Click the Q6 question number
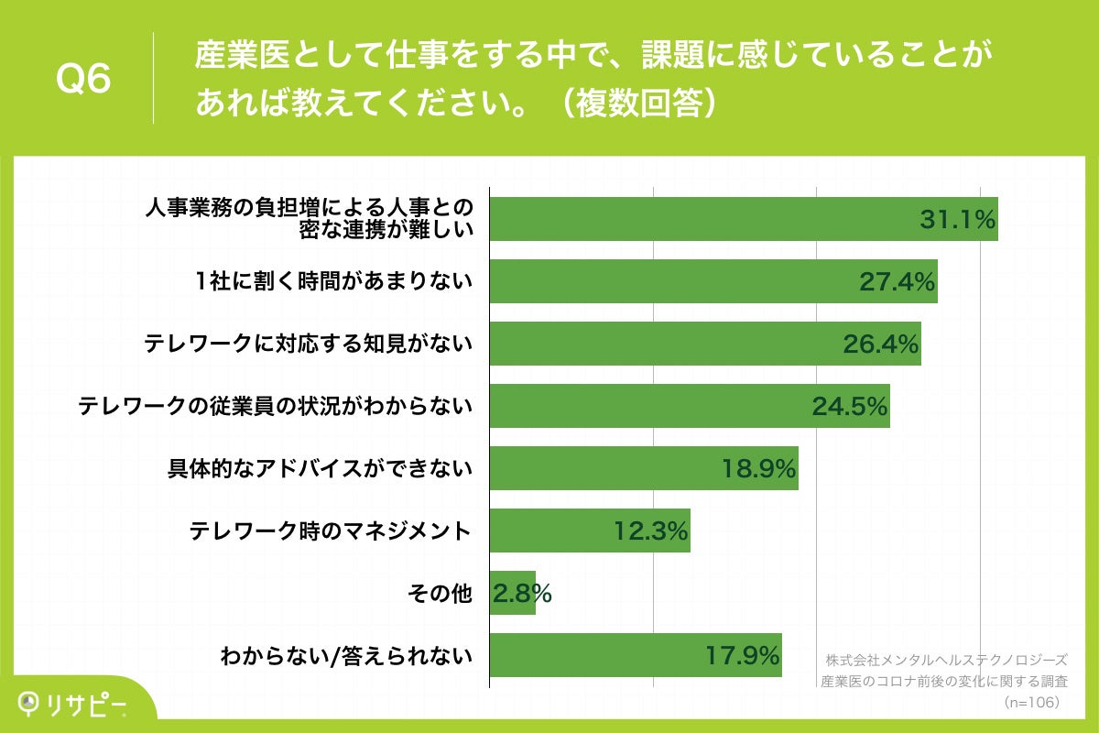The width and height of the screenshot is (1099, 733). point(83,80)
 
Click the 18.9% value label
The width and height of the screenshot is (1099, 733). point(758,468)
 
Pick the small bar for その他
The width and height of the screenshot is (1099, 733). point(512,593)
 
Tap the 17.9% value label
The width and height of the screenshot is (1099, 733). point(743,655)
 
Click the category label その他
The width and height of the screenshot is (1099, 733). point(439,594)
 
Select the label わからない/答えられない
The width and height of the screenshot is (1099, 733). point(347,656)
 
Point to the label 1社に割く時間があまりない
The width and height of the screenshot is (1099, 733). point(327,282)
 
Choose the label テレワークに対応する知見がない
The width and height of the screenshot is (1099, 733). point(309,344)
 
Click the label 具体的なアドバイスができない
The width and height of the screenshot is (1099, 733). point(320,469)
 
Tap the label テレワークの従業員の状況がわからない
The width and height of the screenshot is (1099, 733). point(276,406)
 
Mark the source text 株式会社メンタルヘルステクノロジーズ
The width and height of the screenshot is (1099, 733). point(946,660)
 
